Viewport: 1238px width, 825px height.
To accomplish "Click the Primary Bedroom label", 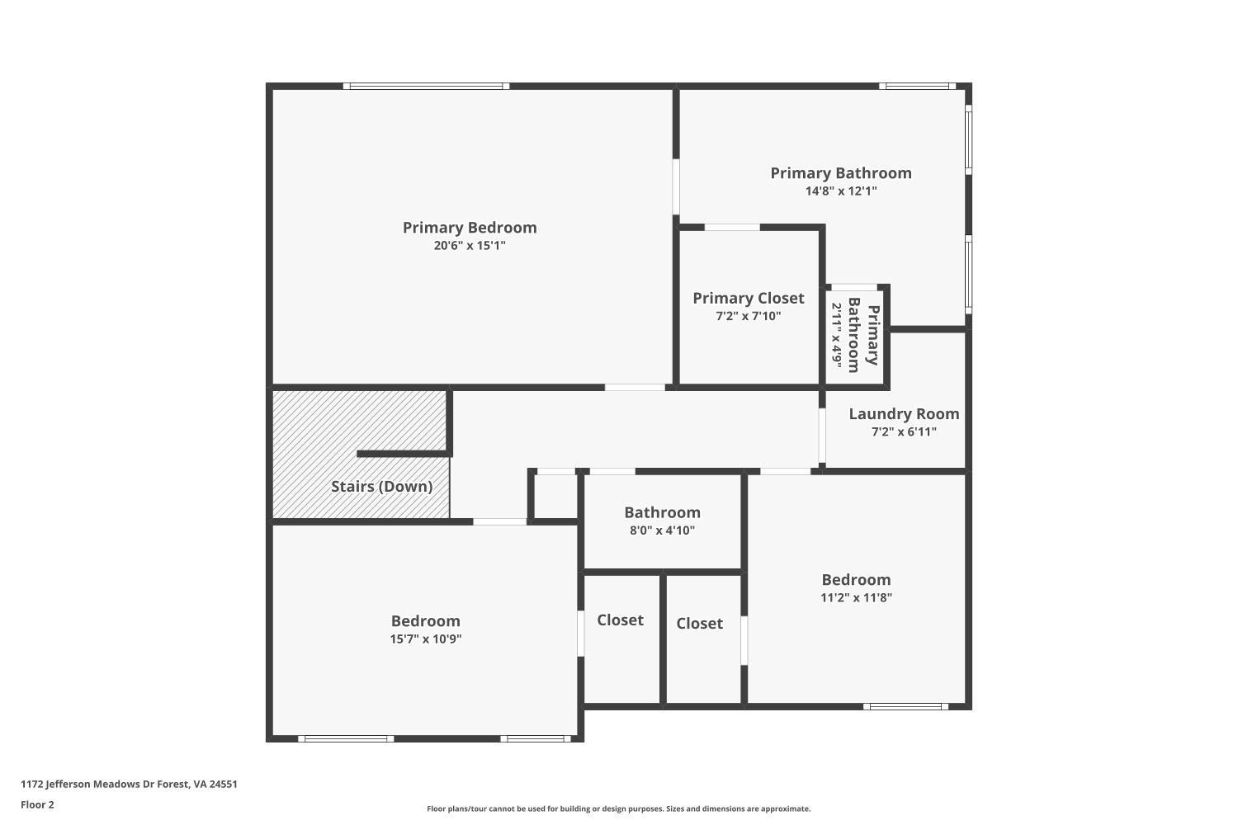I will [470, 228].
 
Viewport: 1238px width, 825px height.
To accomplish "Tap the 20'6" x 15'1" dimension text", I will [470, 246].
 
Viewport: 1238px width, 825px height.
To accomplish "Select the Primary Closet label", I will [748, 299].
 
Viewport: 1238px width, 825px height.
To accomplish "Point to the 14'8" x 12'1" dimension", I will [841, 191].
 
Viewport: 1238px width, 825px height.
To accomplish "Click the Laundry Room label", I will [904, 414].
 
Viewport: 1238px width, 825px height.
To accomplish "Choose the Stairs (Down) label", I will [381, 487].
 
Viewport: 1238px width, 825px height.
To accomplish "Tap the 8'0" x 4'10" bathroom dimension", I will [662, 530].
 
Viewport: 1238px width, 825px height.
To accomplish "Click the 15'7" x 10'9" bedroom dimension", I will [425, 639].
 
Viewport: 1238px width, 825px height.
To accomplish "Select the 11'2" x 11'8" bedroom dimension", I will [856, 597].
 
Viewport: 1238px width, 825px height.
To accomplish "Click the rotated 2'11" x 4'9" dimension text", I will [837, 335].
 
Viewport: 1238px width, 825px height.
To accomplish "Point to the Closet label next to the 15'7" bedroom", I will [620, 620].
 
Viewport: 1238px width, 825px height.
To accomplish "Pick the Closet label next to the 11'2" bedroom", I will [699, 624].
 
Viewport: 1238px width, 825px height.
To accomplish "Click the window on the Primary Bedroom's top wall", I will [426, 86].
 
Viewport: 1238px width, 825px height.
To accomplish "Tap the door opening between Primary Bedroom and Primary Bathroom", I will [676, 187].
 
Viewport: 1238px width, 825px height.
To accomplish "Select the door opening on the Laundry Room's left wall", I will [822, 435].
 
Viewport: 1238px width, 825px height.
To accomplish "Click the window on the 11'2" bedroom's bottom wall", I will [905, 706].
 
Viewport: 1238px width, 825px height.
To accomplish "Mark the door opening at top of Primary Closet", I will [732, 227].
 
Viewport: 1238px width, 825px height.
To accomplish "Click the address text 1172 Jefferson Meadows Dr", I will [129, 785].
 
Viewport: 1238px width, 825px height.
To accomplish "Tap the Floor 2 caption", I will [37, 805].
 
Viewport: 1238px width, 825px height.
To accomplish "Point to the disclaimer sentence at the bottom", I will [618, 809].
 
